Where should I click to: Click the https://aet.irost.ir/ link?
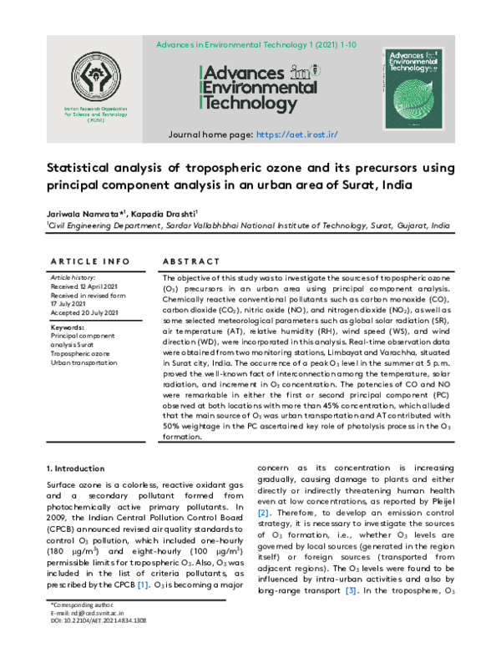click(x=296, y=134)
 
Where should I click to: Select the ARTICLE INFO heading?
click(x=83, y=261)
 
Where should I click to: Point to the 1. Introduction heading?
click(x=75, y=468)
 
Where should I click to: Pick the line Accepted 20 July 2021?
click(x=84, y=312)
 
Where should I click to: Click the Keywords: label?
click(x=68, y=328)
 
